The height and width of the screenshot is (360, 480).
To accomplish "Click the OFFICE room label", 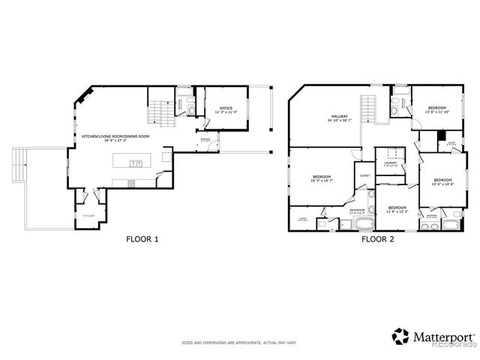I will pyautogui.click(x=226, y=109).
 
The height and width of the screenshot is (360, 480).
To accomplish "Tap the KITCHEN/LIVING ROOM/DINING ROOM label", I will pyautogui.click(x=115, y=138).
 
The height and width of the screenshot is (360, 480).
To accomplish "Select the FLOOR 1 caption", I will pyautogui.click(x=142, y=239).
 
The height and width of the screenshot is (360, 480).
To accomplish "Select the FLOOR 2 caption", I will pyautogui.click(x=378, y=239).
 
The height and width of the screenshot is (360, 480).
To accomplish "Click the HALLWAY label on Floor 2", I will pyautogui.click(x=341, y=118).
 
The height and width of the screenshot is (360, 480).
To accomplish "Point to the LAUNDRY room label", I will pyautogui.click(x=391, y=163).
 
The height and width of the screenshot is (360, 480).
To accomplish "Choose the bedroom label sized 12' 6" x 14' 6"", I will pyautogui.click(x=442, y=181).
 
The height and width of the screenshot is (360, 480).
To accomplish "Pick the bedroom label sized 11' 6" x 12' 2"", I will pyautogui.click(x=397, y=209).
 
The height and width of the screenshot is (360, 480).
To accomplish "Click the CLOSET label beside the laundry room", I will pyautogui.click(x=365, y=175).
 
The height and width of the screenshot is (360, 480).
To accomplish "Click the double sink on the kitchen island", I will pyautogui.click(x=136, y=163).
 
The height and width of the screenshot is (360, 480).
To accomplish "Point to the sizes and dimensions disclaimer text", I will pyautogui.click(x=239, y=343).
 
